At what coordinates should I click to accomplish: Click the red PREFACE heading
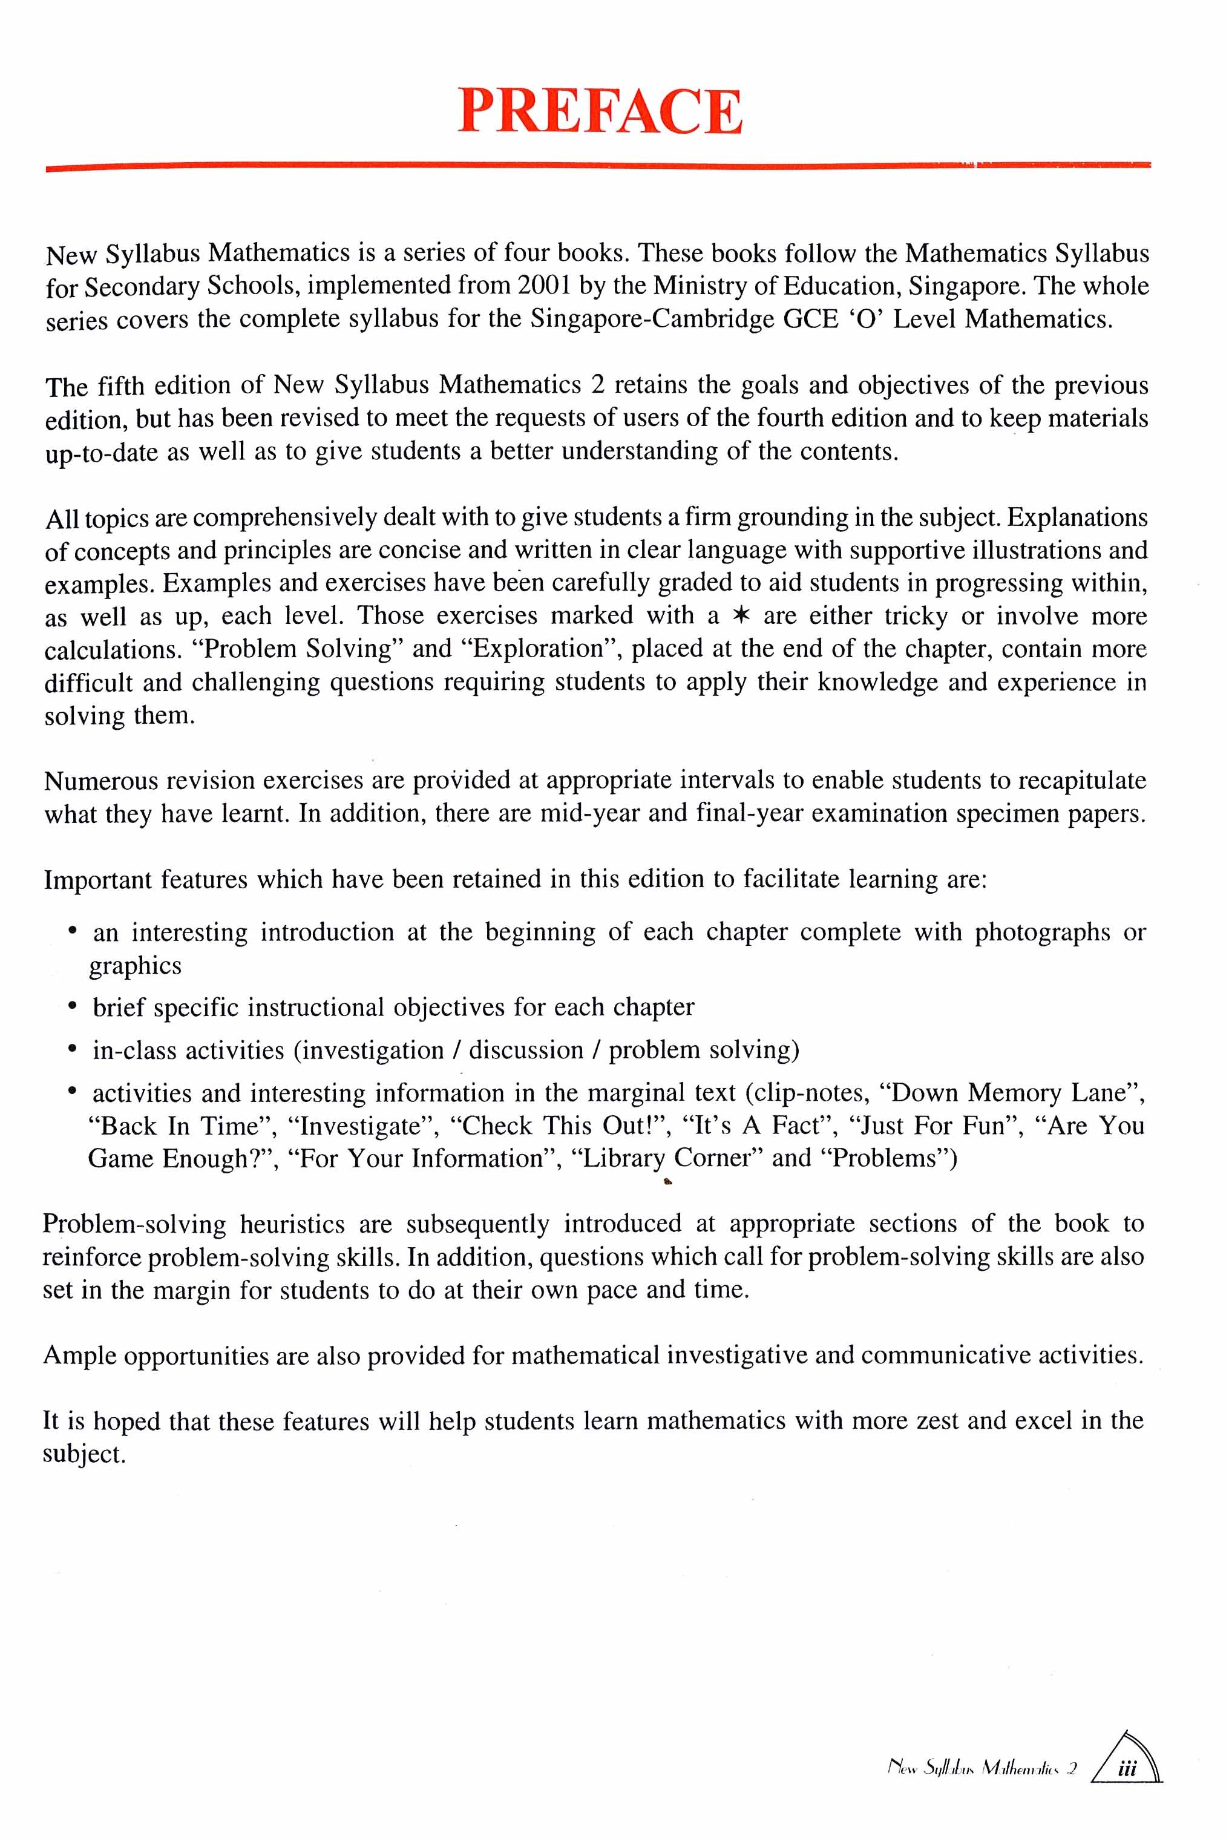coord(600,111)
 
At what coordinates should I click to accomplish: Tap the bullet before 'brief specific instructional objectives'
coord(72,1006)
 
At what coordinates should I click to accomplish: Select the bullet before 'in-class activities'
coord(72,1049)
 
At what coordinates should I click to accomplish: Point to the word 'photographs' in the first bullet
coord(1043,933)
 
